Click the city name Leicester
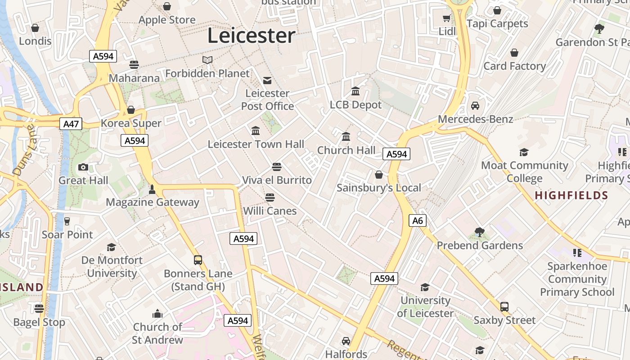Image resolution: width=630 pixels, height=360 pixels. click(251, 36)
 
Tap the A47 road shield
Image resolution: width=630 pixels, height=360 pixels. click(71, 123)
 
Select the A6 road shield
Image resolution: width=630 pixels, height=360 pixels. click(418, 220)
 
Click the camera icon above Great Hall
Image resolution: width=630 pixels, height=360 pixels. click(83, 167)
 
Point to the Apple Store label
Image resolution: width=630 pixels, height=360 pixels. click(167, 20)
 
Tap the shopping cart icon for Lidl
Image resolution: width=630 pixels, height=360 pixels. click(446, 18)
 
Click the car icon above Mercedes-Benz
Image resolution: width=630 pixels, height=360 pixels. click(475, 106)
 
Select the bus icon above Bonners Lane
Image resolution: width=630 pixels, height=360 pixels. click(198, 260)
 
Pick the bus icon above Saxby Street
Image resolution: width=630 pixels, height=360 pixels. click(504, 307)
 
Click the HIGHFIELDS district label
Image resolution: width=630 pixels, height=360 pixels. click(571, 195)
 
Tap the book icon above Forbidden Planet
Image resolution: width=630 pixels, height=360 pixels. click(207, 60)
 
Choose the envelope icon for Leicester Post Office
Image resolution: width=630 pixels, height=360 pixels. click(267, 81)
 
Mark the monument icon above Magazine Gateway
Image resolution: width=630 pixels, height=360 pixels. click(152, 189)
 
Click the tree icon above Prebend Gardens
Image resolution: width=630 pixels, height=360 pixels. click(480, 232)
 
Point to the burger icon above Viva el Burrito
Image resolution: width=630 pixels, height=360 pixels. click(277, 167)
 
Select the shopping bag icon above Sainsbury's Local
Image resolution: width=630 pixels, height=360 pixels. click(379, 175)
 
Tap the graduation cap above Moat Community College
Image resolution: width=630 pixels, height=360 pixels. click(524, 153)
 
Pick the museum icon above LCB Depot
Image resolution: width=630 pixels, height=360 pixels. click(355, 91)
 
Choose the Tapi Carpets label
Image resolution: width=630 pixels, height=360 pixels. click(497, 23)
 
